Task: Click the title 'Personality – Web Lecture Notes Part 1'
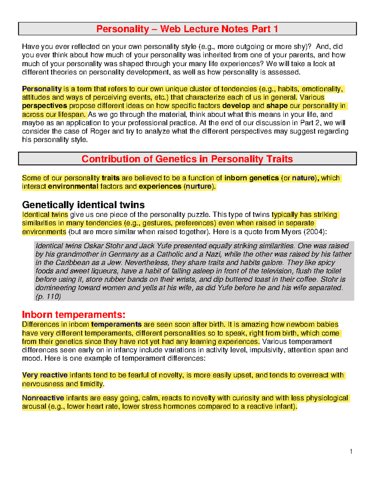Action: click(187, 29)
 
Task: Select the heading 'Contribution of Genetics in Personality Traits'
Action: click(187, 159)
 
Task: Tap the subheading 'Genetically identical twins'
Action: click(83, 205)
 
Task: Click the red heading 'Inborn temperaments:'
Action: click(73, 314)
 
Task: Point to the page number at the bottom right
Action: click(351, 451)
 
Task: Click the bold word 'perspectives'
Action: click(44, 106)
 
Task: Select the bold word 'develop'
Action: click(236, 106)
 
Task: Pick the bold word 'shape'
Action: click(277, 106)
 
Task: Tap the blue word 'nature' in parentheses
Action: click(303, 178)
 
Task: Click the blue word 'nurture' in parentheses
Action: click(198, 186)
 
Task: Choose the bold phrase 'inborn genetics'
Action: click(252, 178)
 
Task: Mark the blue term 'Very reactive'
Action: click(45, 375)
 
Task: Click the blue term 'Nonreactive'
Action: click(43, 398)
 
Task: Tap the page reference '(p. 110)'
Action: click(48, 296)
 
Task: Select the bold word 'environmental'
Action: click(73, 186)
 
